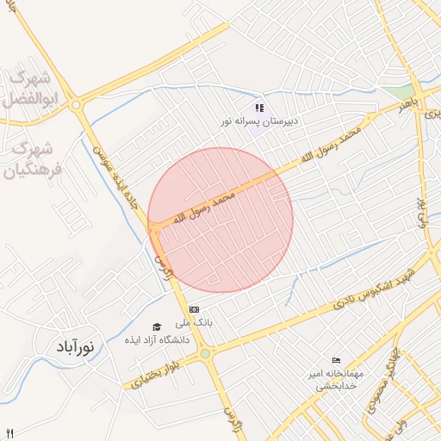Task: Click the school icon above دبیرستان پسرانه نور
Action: (x=259, y=108)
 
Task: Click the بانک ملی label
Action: (x=194, y=323)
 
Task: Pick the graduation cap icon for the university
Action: (x=157, y=326)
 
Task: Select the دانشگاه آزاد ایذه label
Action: (x=161, y=339)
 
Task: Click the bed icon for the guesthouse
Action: (x=336, y=360)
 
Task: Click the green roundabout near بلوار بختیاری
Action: (x=205, y=353)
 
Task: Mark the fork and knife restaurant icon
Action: (x=9, y=433)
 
